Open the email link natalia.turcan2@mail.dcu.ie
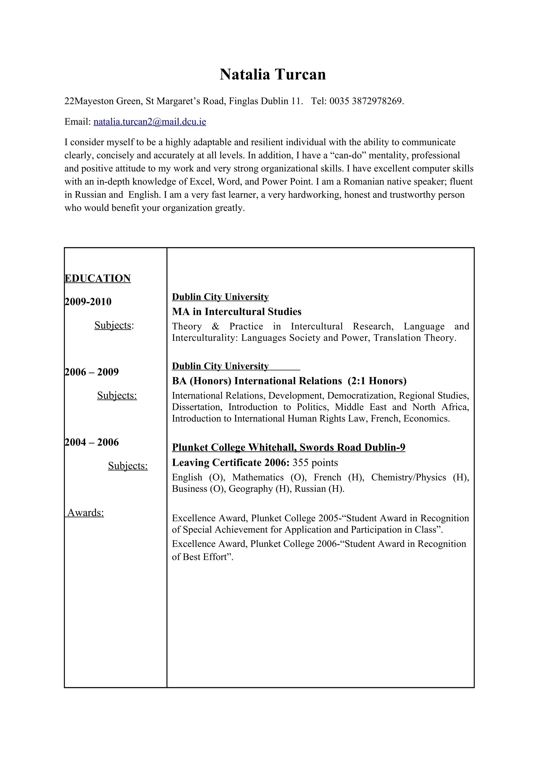(150, 122)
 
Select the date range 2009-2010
(88, 301)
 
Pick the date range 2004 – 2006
(91, 442)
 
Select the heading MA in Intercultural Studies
(237, 311)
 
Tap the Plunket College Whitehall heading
(288, 447)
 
